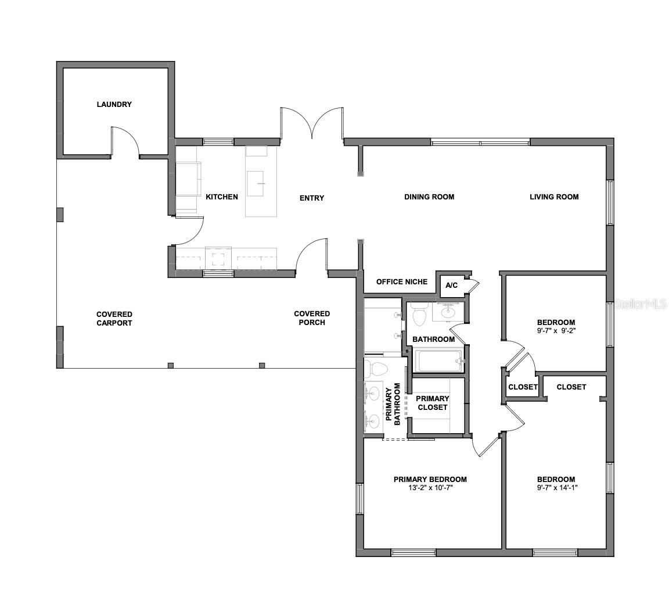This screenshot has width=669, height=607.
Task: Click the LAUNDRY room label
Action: pyautogui.click(x=114, y=104)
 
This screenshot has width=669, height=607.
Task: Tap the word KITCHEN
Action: pyautogui.click(x=222, y=197)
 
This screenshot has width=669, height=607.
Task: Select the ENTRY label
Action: pyautogui.click(x=312, y=198)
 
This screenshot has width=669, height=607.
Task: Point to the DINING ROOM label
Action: pyautogui.click(x=429, y=197)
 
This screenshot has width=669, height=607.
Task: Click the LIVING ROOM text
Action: pyautogui.click(x=554, y=197)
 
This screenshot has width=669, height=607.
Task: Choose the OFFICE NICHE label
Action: pyautogui.click(x=402, y=282)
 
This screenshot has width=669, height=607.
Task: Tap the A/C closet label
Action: pyautogui.click(x=451, y=285)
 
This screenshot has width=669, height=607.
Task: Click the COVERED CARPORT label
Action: pyautogui.click(x=114, y=319)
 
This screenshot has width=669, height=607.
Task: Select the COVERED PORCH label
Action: pyautogui.click(x=312, y=318)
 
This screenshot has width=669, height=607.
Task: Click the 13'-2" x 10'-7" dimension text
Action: pyautogui.click(x=430, y=488)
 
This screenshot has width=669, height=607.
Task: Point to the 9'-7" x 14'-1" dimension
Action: pyautogui.click(x=557, y=488)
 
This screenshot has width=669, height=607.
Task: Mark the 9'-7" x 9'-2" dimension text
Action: pyautogui.click(x=556, y=331)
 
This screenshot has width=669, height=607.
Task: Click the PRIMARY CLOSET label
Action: pyautogui.click(x=433, y=403)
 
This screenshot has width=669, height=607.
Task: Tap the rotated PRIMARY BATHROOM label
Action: pyautogui.click(x=393, y=404)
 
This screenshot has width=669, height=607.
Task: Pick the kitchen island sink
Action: pyautogui.click(x=256, y=184)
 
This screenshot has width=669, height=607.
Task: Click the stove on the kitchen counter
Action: pyautogui.click(x=218, y=258)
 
